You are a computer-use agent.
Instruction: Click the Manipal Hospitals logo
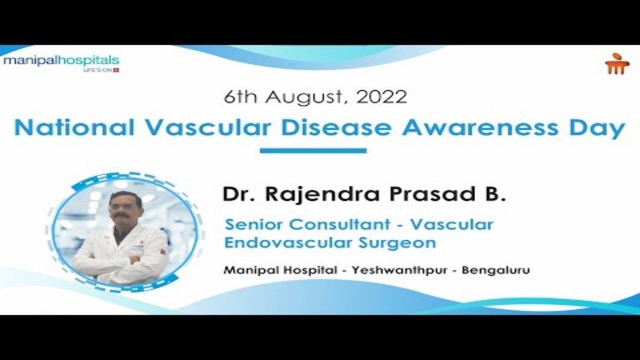pos(61,62)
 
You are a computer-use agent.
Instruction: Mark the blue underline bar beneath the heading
pos(313,151)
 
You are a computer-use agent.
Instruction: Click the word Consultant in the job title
pos(333,225)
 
